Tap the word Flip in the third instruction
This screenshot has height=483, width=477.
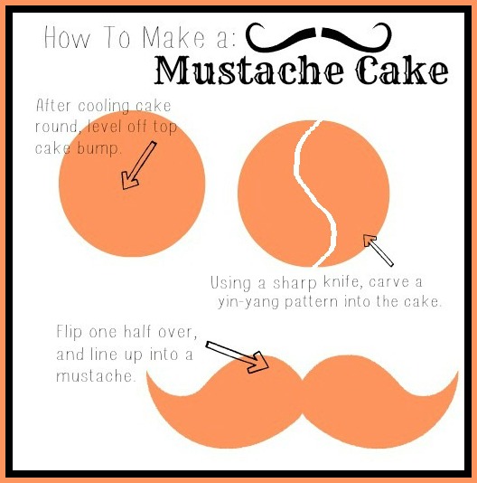pyautogui.click(x=72, y=333)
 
